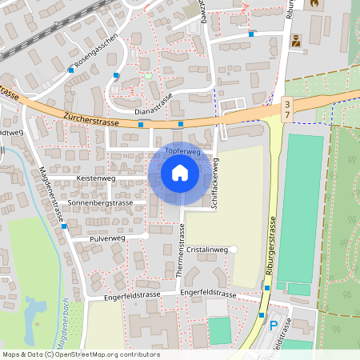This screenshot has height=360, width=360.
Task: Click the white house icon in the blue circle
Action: pos(180,172)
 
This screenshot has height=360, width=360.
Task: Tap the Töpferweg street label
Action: pos(182,150)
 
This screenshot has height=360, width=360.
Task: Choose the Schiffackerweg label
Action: pos(215,183)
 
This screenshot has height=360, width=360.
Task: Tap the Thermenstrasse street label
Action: pos(180,251)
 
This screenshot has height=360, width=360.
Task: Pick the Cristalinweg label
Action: pos(207,250)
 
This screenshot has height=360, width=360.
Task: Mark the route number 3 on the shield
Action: pos(287,105)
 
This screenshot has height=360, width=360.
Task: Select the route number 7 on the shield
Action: pos(287,115)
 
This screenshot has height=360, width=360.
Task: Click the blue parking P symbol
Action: pos(274,326)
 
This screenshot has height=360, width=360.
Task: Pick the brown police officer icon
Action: pos(296,41)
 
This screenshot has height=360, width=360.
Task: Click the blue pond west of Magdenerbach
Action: pos(32,316)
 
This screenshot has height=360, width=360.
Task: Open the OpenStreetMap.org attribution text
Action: pos(80,354)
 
